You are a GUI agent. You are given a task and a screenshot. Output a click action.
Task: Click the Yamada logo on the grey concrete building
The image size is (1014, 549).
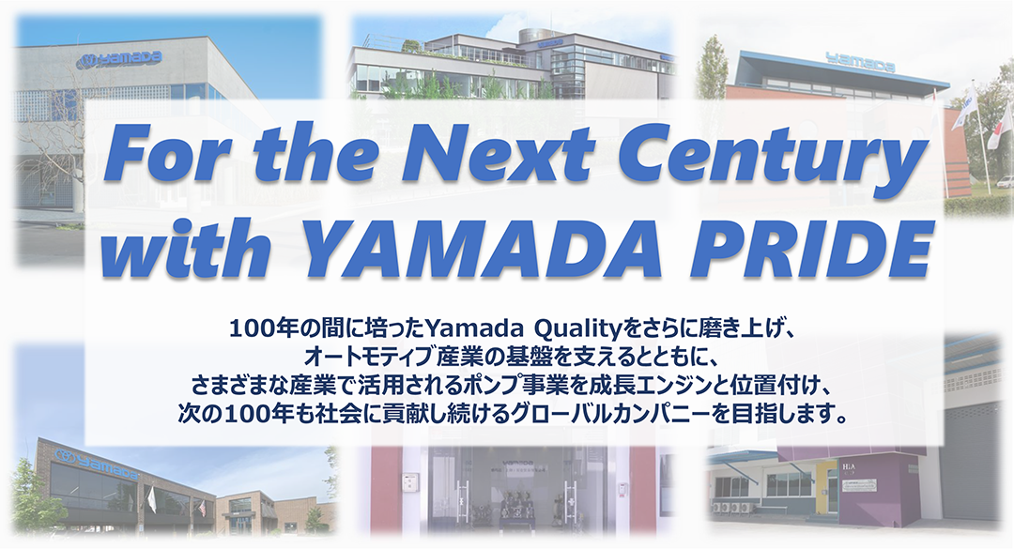pyautogui.click(x=119, y=60)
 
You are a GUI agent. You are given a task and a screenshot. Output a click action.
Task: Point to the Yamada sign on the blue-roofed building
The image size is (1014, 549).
pyautogui.click(x=860, y=63)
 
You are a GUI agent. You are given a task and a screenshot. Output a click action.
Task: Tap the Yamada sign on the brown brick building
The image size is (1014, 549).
pyautogui.click(x=98, y=464)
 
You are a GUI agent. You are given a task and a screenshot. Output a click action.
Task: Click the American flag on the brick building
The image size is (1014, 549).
pyautogui.click(x=203, y=508)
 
